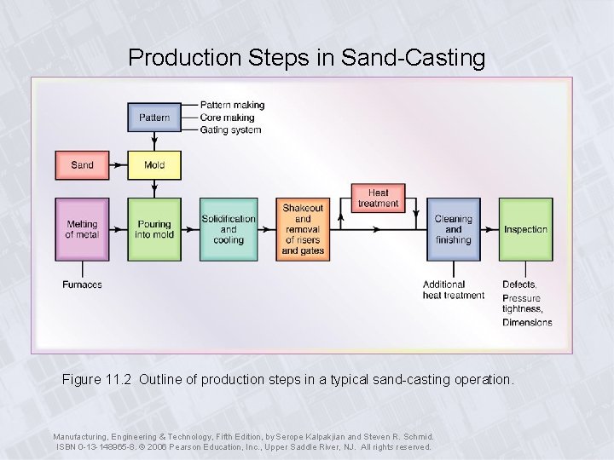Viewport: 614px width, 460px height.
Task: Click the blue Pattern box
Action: [154, 118]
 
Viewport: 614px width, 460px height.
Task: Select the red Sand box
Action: [83, 164]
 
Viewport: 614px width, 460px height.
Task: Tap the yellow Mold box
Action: [154, 164]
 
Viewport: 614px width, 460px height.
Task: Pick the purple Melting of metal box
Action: [83, 229]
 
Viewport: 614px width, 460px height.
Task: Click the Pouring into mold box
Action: [154, 229]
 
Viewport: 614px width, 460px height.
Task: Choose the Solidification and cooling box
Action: [229, 229]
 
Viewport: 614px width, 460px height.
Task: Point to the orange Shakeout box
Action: [303, 229]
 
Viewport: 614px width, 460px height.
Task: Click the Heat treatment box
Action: [378, 198]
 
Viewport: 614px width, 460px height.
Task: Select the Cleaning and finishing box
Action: [453, 229]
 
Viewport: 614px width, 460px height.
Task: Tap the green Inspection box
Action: [525, 229]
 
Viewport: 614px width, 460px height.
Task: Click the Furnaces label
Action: [82, 285]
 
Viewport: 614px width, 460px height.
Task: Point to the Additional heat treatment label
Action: [453, 290]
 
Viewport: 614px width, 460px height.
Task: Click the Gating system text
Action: [230, 130]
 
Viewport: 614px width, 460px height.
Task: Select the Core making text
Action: [227, 118]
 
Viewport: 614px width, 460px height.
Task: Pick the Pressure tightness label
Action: [522, 303]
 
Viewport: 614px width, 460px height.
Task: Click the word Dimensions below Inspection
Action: [527, 323]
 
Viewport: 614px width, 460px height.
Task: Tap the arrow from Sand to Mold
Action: [119, 164]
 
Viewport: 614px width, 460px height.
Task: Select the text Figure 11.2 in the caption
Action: [96, 379]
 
